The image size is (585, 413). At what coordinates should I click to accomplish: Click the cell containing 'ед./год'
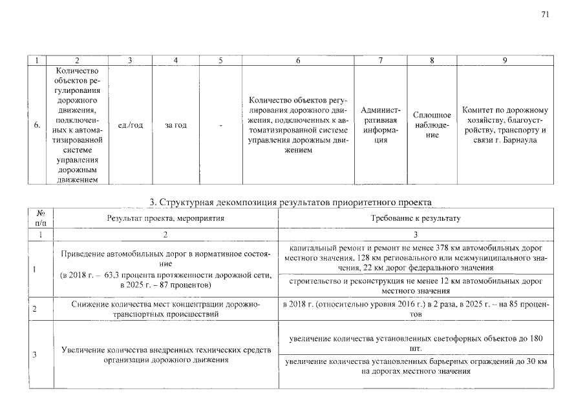131,125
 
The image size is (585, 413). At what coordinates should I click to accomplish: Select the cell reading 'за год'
176,125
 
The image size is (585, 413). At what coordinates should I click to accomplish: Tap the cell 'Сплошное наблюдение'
432,125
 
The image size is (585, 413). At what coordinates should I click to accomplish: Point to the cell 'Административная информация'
381,125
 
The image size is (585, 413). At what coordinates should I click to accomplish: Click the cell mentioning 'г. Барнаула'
505,125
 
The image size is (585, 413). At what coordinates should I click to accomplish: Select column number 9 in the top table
505,60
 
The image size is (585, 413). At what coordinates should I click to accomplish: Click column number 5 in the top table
220,60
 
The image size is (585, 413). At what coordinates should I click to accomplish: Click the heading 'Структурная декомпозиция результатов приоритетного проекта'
290,203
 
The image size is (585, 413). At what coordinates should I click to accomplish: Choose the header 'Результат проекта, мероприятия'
165,219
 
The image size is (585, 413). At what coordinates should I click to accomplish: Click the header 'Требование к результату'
416,219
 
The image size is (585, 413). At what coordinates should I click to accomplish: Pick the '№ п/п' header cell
40,218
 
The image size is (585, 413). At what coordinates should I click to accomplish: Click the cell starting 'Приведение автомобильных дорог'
165,270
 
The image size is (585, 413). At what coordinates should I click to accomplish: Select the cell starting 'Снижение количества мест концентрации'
165,308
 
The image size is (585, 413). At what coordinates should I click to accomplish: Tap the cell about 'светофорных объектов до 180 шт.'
416,343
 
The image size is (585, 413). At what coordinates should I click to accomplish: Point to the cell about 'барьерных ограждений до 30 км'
416,367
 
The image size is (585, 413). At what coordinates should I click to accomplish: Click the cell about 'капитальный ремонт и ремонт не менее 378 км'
416,257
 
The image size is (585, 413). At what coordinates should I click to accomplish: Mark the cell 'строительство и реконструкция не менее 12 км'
416,287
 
